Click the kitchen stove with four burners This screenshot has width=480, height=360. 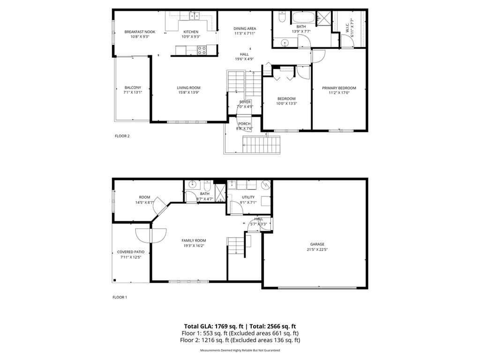click(202, 50)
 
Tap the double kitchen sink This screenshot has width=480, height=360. click(195, 16)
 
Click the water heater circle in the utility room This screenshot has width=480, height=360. click(266, 185)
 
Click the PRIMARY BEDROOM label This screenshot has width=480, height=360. click(339, 88)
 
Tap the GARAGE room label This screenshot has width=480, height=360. click(317, 244)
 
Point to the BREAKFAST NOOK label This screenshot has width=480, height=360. click(140, 32)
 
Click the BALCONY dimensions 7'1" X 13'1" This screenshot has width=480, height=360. click(133, 92)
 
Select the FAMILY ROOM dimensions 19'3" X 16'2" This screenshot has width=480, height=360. click(194, 246)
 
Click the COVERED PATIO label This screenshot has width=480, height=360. click(131, 252)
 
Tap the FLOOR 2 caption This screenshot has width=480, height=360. click(122, 136)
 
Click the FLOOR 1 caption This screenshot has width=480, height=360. click(120, 297)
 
